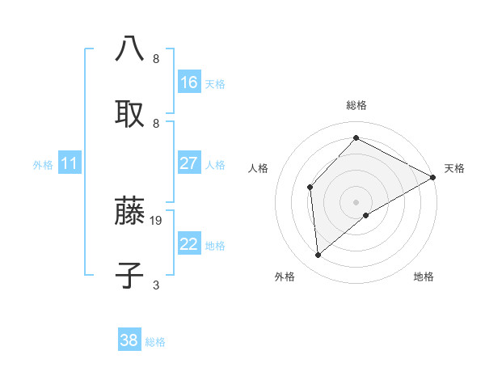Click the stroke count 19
157,220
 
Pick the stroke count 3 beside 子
156,285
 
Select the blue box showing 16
189,82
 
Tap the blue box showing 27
189,163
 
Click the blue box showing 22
189,244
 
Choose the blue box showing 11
70,163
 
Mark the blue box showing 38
129,340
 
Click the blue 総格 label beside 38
155,342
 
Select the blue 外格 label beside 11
43,164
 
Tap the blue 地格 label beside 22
215,245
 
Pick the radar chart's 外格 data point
318,255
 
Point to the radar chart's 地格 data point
366,215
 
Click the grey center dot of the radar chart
356,201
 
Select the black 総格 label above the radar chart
356,105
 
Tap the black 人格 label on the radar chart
259,168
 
